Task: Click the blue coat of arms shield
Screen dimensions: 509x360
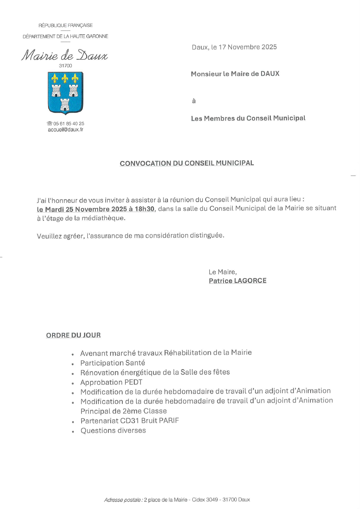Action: click(x=65, y=93)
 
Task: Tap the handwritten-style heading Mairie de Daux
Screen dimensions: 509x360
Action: click(x=64, y=55)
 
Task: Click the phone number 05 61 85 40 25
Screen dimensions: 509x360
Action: click(x=68, y=124)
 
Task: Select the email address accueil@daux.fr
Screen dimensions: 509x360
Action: click(x=65, y=129)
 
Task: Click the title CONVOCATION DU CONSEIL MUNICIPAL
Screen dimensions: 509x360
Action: click(x=187, y=163)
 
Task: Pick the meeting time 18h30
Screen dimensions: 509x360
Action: click(x=146, y=209)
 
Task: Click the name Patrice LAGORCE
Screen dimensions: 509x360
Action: click(x=237, y=281)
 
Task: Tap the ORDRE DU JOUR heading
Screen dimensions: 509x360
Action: click(x=73, y=335)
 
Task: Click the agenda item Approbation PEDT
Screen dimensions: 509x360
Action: click(x=111, y=382)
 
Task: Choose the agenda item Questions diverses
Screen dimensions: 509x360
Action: click(x=113, y=431)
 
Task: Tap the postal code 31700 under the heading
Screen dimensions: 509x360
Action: click(x=65, y=65)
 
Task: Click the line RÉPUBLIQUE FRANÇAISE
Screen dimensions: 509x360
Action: click(x=65, y=25)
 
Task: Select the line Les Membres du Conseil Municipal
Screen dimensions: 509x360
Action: click(x=248, y=118)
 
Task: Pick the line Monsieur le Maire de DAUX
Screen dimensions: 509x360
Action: click(x=235, y=74)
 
